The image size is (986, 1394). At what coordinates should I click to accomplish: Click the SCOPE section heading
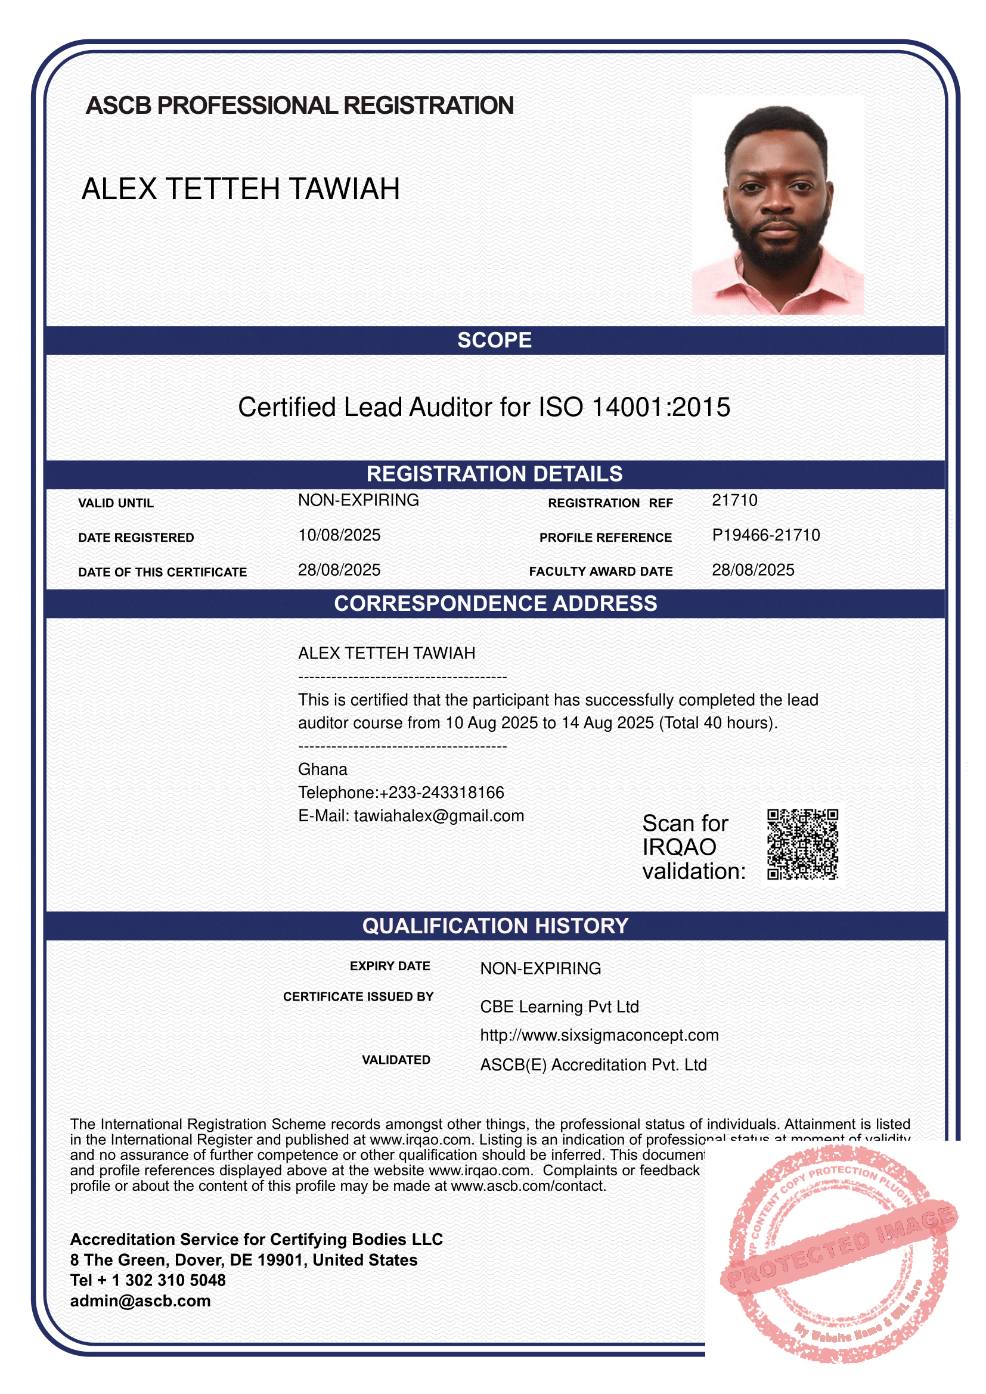tap(494, 340)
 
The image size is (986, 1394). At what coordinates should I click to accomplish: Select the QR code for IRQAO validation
tap(802, 844)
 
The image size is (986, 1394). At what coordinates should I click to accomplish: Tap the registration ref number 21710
tap(734, 500)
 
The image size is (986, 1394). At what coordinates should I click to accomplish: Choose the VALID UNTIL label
tap(116, 503)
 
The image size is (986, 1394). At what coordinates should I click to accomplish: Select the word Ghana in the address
tap(323, 769)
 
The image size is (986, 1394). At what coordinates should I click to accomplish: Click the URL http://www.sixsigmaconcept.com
tap(599, 1035)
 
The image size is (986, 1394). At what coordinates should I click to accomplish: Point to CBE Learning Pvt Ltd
tap(559, 1007)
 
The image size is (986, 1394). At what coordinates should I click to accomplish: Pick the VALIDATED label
tap(396, 1060)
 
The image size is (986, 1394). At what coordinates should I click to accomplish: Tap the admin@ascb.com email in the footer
tap(140, 1301)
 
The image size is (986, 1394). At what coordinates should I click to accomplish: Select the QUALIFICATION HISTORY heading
tap(495, 926)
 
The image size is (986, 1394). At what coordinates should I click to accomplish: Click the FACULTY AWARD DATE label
tap(600, 572)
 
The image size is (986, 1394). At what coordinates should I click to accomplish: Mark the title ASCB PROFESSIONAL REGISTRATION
tap(300, 105)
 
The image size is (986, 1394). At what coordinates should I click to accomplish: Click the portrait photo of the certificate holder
tap(778, 204)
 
